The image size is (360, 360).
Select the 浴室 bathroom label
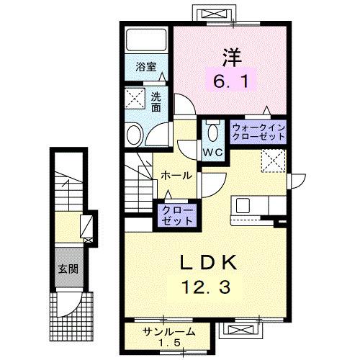point(146,67)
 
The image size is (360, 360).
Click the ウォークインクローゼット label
point(260,132)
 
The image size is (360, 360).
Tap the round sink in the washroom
point(133,135)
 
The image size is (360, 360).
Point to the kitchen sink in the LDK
point(242,204)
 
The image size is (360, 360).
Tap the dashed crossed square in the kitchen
point(272,160)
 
